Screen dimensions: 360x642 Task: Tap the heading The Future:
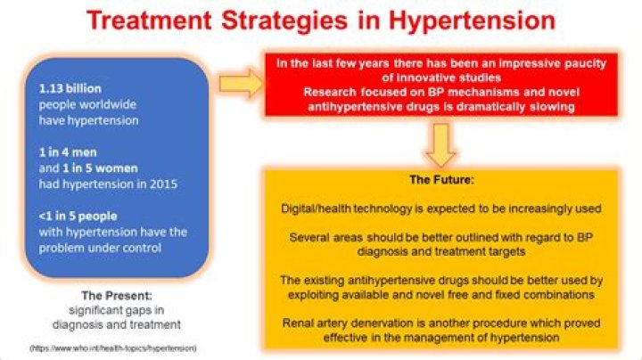pos(440,180)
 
